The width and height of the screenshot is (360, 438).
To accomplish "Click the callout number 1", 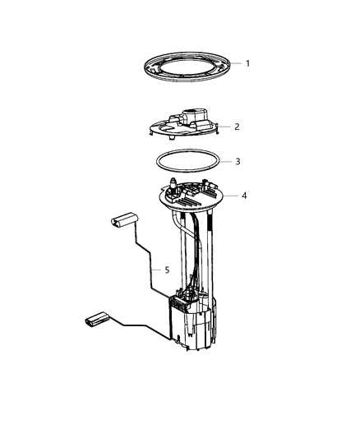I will pyautogui.click(x=247, y=63).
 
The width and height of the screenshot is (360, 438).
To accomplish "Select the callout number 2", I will pyautogui.click(x=237, y=127).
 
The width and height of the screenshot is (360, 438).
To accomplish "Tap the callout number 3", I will pyautogui.click(x=238, y=161).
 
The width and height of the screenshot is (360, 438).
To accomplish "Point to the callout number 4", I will pyautogui.click(x=244, y=196).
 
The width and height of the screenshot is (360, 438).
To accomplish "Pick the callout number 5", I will pyautogui.click(x=167, y=269).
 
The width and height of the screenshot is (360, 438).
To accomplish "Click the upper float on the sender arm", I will pyautogui.click(x=121, y=220).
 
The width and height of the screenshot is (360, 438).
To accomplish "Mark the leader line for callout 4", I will pyautogui.click(x=230, y=196).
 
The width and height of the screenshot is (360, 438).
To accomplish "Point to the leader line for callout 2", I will pyautogui.click(x=224, y=127).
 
